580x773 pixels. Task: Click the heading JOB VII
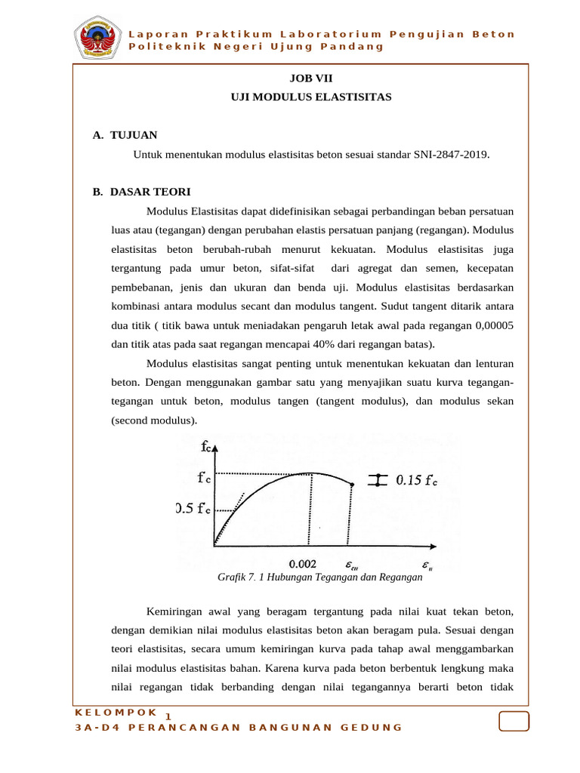click(310, 78)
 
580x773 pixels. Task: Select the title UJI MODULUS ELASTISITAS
click(310, 97)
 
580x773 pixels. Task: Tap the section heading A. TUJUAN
click(125, 135)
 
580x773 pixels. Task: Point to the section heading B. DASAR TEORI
click(142, 192)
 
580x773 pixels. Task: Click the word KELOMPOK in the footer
click(117, 712)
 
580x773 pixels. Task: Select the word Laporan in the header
click(158, 34)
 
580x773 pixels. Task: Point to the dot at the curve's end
click(352, 485)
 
